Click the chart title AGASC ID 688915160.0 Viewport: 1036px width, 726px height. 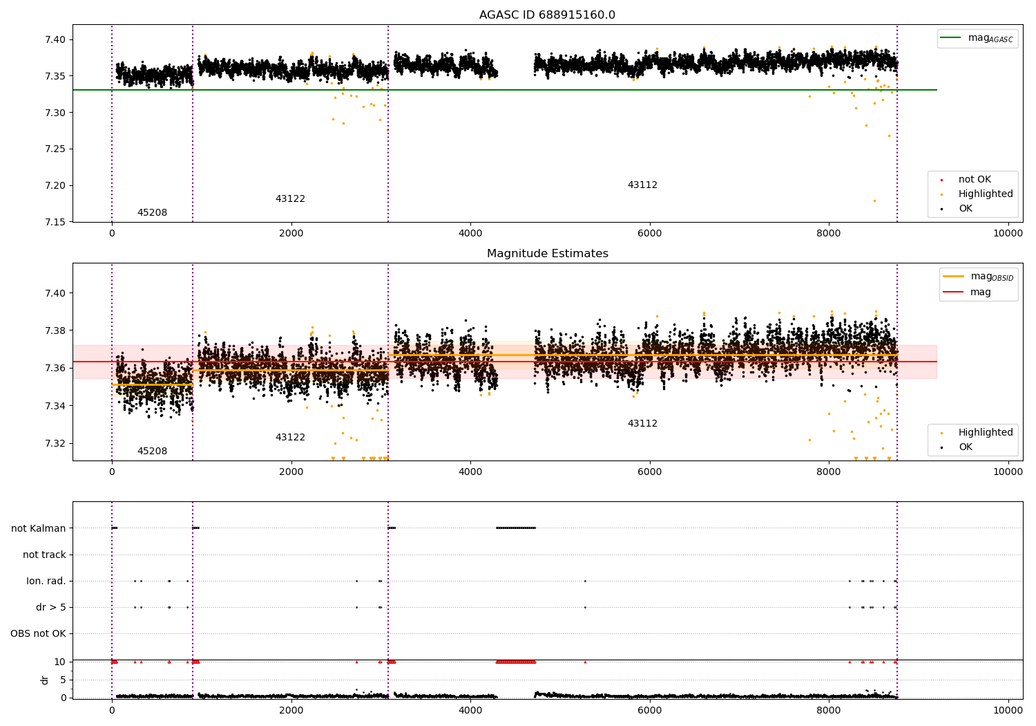[547, 15]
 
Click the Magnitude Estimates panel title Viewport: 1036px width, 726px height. [547, 254]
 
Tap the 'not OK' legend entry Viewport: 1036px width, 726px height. [974, 180]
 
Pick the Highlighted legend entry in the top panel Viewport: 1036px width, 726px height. [985, 194]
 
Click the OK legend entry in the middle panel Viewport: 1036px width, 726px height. [965, 447]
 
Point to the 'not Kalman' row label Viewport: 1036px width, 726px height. [39, 528]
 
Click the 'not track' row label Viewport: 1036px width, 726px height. [44, 555]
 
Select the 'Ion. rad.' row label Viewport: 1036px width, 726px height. [46, 581]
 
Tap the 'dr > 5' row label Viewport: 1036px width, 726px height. [50, 607]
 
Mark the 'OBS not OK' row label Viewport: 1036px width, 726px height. [38, 633]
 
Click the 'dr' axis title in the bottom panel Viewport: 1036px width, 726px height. [45, 680]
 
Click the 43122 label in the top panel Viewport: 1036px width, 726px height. [290, 199]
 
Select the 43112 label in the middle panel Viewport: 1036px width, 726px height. [642, 424]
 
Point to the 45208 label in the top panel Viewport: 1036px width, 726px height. [152, 213]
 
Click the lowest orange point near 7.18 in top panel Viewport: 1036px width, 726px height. [874, 201]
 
